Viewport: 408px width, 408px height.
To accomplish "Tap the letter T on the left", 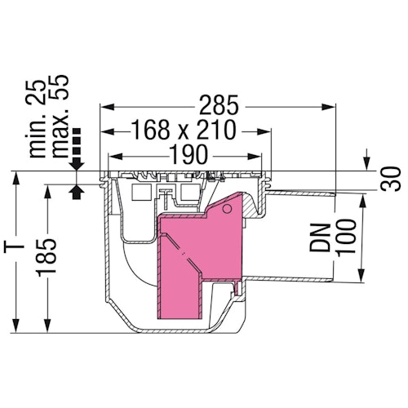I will coord(16,248).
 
